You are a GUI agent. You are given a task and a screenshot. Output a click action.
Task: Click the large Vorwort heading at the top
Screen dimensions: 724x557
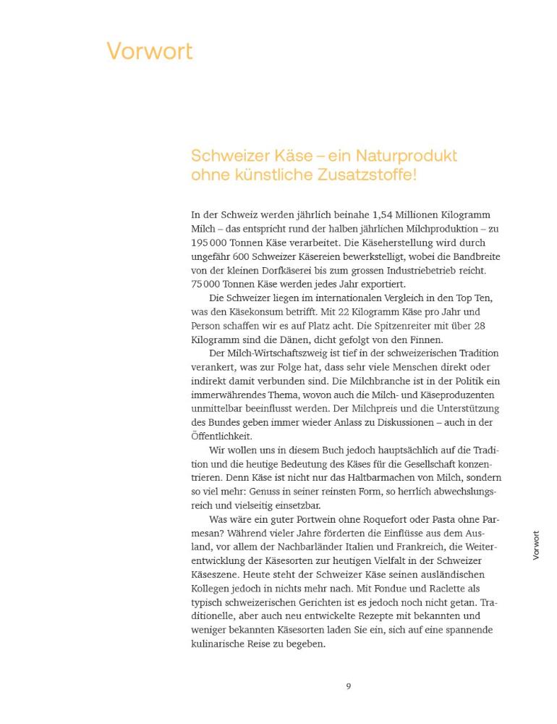click(x=150, y=51)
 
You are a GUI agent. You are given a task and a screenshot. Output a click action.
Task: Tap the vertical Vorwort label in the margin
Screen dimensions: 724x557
click(x=536, y=545)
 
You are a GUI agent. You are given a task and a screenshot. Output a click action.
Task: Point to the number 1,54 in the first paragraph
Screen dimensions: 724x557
click(x=385, y=215)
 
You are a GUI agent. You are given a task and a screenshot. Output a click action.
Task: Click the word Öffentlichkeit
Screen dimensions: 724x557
click(x=221, y=436)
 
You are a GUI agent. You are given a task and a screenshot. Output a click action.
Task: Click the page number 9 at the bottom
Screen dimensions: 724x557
click(x=348, y=686)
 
